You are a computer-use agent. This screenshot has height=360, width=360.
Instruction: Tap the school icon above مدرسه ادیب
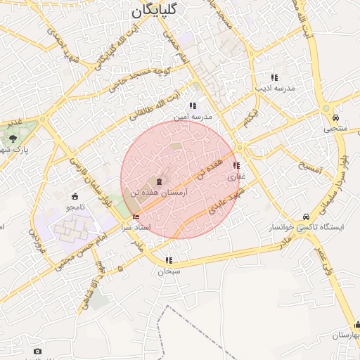pyautogui.click(x=274, y=77)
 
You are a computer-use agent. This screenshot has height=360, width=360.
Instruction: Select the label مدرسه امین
pyautogui.click(x=198, y=116)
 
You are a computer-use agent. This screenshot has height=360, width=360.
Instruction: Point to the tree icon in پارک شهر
pyautogui.click(x=13, y=138)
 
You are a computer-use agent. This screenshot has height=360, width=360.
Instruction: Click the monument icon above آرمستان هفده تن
pyautogui.click(x=154, y=181)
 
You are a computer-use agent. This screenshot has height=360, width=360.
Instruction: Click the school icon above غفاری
pyautogui.click(x=235, y=166)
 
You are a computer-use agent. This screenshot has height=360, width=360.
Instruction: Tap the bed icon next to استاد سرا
pyautogui.click(x=136, y=217)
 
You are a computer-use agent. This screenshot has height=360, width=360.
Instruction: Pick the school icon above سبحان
pyautogui.click(x=168, y=260)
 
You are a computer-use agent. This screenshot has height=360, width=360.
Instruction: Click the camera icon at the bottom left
pyautogui.click(x=37, y=351)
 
